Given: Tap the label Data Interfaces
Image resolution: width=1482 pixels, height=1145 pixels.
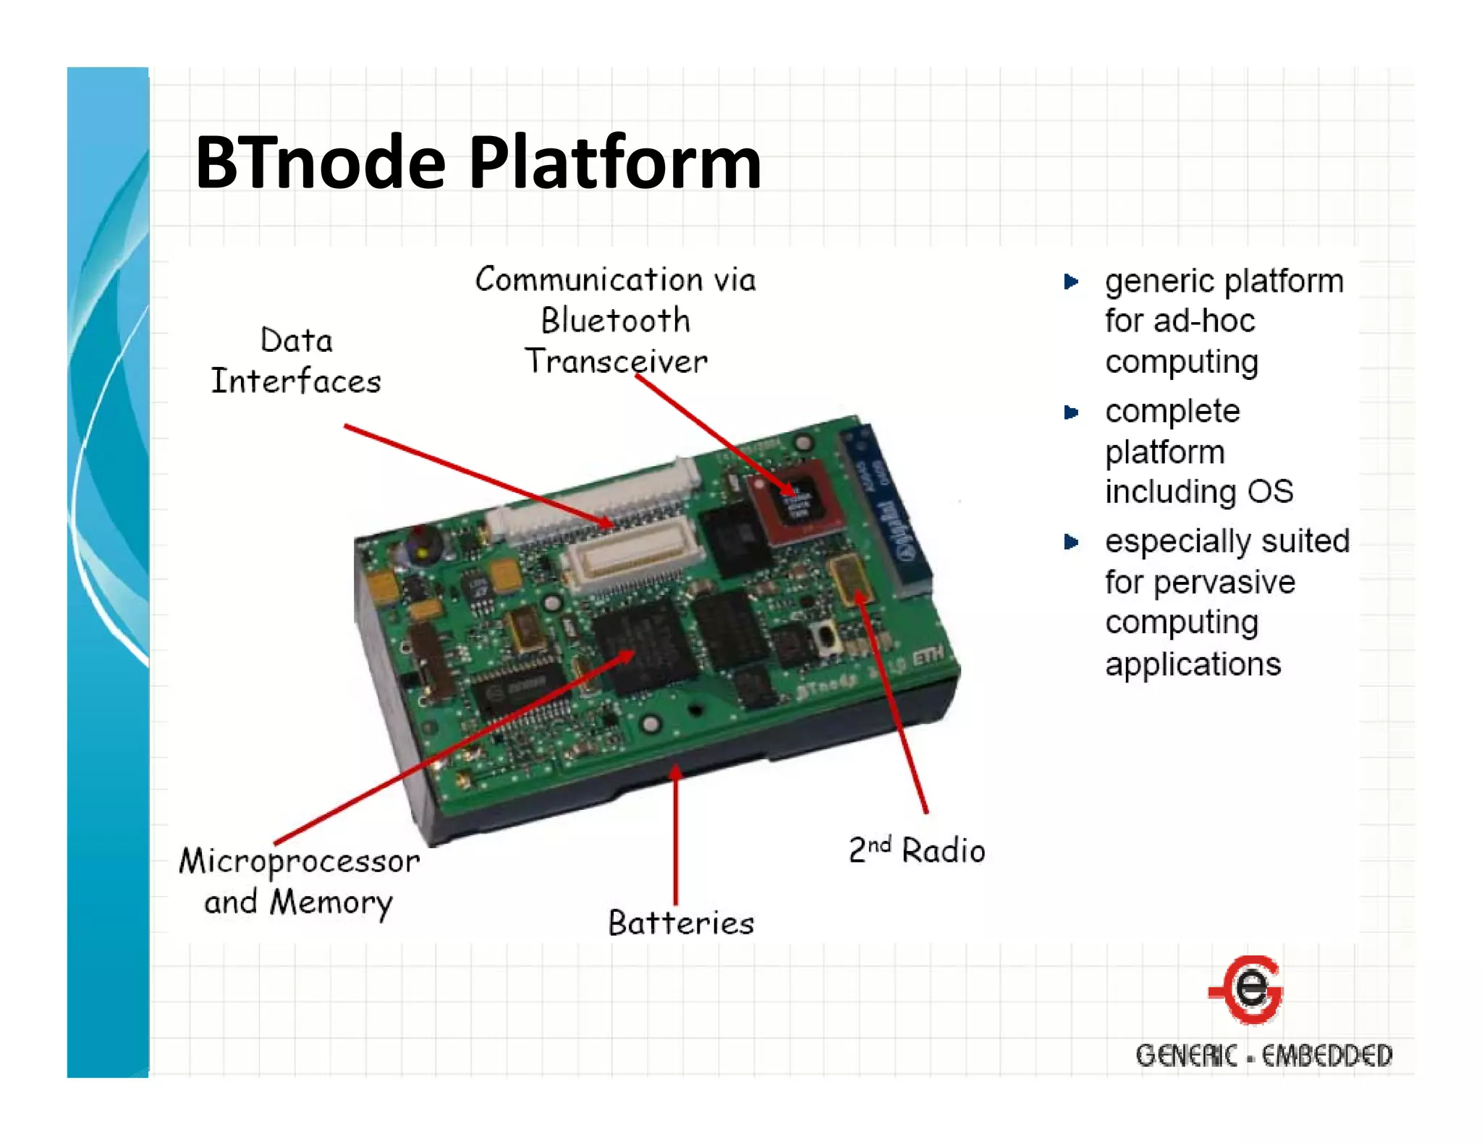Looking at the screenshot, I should coord(296,360).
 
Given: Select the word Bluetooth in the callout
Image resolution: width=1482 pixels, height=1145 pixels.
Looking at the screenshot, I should coord(615,321).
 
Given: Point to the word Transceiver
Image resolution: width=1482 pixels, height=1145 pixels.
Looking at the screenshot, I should coord(616,361).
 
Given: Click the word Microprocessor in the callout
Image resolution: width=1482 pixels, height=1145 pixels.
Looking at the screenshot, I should coord(299,861).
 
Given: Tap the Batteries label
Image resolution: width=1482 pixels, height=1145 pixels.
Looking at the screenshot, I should coord(681,923).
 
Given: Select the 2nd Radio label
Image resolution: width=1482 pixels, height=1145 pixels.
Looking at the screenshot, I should coord(916,850).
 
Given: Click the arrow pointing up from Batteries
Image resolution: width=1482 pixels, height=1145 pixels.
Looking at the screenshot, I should coord(676,832).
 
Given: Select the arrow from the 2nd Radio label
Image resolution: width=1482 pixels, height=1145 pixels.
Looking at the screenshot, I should coord(892,702).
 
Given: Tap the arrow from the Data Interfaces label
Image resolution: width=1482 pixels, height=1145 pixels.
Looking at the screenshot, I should coord(478,475).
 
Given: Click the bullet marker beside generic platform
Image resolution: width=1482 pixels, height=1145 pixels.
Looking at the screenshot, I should coord(1071,282).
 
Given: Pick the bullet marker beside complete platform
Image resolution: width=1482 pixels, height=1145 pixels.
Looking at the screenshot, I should coord(1071,413).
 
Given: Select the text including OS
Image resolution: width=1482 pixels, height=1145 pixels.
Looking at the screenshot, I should coord(1198,492).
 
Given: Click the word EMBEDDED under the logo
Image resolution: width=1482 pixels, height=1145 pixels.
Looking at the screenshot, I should coord(1327,1056).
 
